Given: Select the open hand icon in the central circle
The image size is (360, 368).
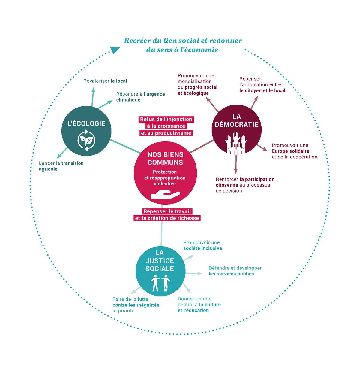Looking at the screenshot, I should (165, 195).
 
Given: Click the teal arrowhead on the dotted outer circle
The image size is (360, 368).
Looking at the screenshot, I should (115, 50).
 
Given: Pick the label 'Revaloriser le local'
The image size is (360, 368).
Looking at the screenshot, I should (105, 81).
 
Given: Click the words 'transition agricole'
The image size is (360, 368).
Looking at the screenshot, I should (61, 166).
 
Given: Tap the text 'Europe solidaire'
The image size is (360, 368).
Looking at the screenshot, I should (290, 151).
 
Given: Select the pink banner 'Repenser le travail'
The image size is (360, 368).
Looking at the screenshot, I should (167, 211).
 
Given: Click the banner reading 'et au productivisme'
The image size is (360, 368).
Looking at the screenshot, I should (166, 133).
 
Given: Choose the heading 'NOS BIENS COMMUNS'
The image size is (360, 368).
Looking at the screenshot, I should (165, 158).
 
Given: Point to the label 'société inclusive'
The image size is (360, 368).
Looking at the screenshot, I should (203, 248).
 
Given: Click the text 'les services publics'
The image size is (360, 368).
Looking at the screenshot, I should (231, 274).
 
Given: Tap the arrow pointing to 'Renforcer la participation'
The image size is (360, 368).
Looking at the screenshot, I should (236, 164).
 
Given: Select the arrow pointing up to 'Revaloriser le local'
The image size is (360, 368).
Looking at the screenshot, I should (93, 96).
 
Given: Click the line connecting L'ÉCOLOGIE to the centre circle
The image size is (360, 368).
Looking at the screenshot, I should (125, 146).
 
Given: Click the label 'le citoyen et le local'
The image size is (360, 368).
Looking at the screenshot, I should (262, 90).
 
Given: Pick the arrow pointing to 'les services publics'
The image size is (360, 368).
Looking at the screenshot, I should (194, 273).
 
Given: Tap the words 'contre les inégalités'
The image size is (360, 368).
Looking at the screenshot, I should (136, 305).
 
